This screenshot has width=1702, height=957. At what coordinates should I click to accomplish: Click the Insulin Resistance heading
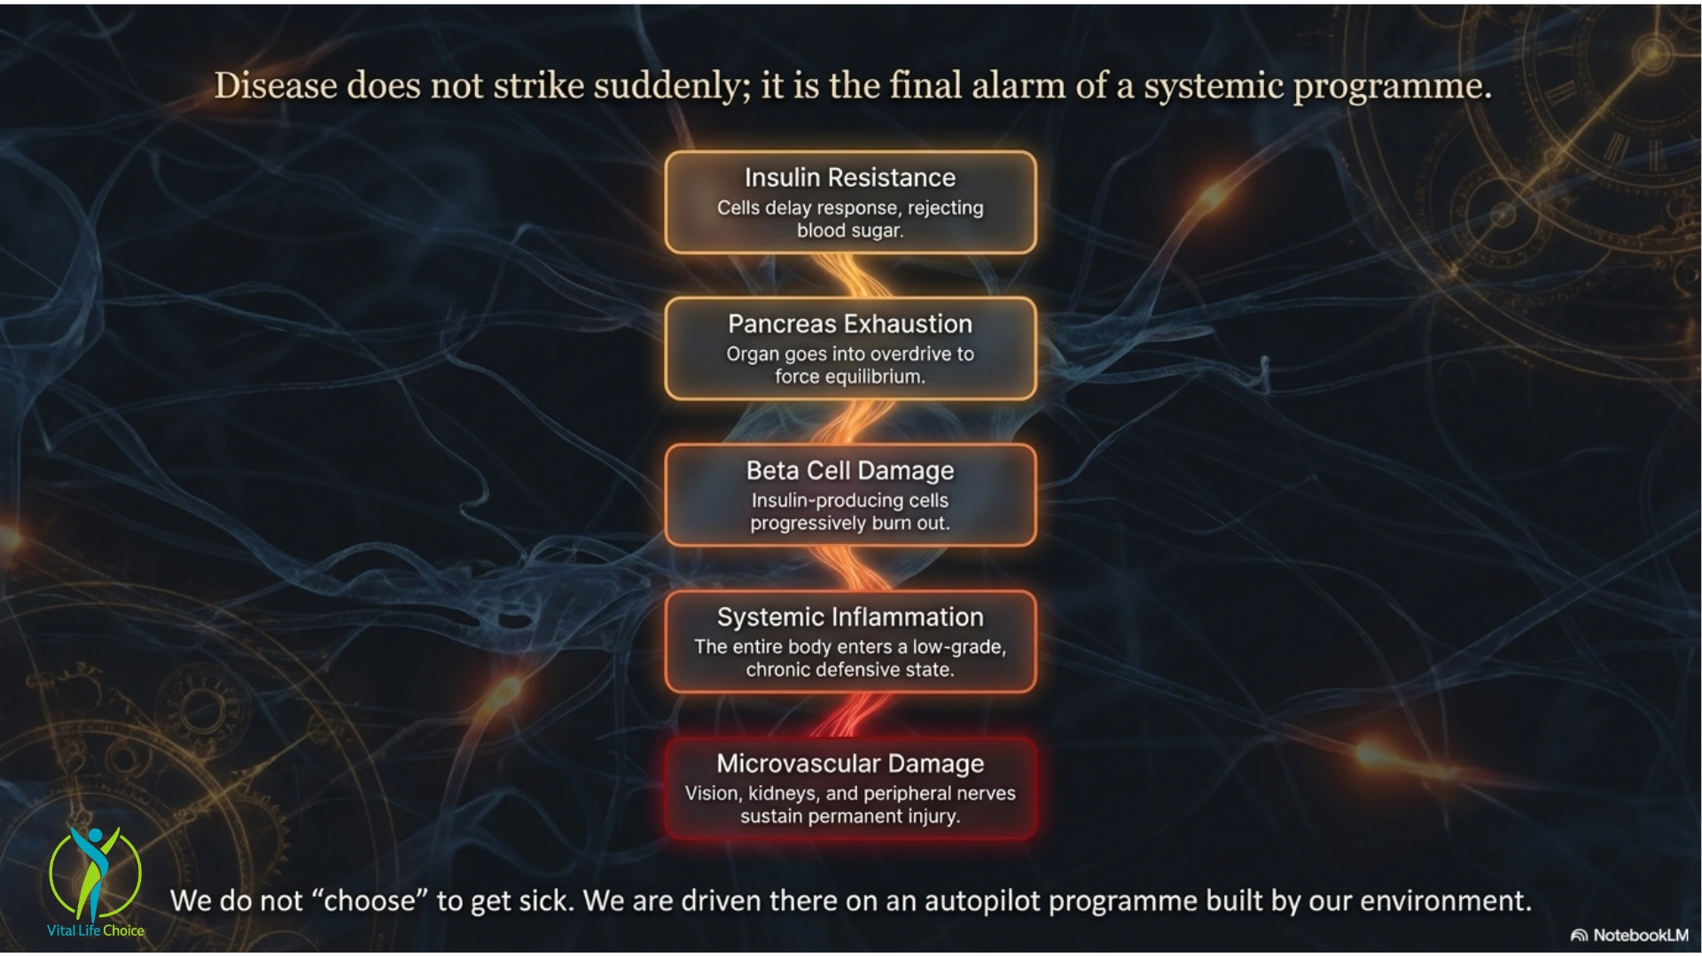[x=850, y=178]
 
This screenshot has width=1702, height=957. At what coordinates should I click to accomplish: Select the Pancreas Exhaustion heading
[x=850, y=324]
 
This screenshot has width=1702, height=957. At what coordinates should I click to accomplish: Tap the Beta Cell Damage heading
[x=850, y=471]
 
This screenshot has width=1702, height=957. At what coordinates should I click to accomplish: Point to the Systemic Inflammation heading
[x=850, y=617]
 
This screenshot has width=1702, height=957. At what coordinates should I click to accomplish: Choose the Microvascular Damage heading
[x=850, y=763]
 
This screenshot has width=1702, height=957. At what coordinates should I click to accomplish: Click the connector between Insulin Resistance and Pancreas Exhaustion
[x=850, y=276]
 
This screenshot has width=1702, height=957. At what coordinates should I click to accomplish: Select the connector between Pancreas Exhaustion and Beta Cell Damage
[x=850, y=422]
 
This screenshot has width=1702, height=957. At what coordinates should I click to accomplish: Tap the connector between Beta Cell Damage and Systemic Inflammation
[x=850, y=568]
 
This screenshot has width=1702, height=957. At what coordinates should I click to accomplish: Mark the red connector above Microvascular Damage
[x=850, y=715]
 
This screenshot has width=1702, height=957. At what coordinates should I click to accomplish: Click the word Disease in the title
[x=276, y=86]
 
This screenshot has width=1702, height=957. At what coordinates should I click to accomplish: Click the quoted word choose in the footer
[x=371, y=901]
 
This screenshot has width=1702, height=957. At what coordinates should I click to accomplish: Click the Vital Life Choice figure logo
[x=95, y=874]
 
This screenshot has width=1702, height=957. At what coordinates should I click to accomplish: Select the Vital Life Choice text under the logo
[x=96, y=930]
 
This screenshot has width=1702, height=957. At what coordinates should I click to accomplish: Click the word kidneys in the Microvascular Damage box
[x=783, y=794]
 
